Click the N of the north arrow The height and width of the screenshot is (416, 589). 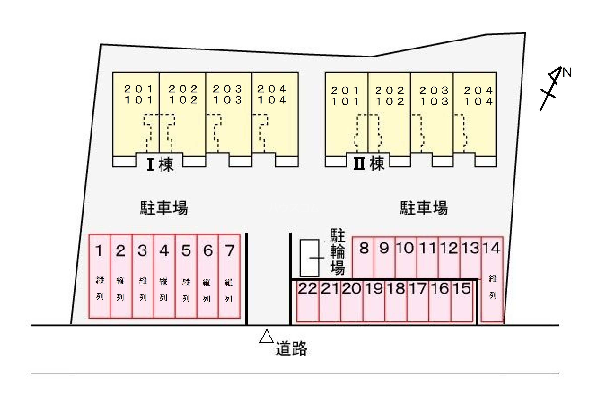tap(567, 72)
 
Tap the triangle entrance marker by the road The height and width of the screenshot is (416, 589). tap(267, 336)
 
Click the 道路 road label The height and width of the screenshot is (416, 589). tap(291, 349)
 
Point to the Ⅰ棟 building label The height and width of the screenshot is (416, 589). tap(160, 164)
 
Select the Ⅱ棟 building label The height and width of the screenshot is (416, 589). tap(369, 163)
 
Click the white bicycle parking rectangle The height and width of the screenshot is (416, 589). tap(309, 258)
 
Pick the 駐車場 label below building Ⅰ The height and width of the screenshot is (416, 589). tap(164, 208)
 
